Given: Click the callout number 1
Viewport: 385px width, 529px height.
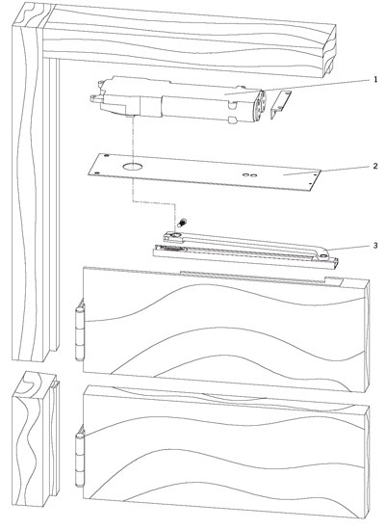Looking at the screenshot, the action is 375,80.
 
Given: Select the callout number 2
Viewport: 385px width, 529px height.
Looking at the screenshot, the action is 375,167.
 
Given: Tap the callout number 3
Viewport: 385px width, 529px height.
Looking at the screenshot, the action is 375,246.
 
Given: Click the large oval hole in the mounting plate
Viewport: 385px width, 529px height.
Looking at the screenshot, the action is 132,167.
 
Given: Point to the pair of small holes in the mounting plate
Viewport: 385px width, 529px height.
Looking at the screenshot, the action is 251,174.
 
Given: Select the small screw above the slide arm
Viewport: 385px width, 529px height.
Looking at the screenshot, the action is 183,222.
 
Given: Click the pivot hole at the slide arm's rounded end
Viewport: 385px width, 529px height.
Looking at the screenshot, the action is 323,257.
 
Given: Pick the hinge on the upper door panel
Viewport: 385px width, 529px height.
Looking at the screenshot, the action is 80,331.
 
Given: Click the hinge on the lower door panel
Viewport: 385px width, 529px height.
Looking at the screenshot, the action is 80,456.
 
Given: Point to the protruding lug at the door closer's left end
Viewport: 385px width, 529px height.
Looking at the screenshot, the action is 95,98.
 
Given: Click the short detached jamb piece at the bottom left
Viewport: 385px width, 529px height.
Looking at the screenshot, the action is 36,438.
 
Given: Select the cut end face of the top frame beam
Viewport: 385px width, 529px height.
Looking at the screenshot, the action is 329,51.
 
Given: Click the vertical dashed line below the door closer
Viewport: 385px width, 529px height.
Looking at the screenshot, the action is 134,159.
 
